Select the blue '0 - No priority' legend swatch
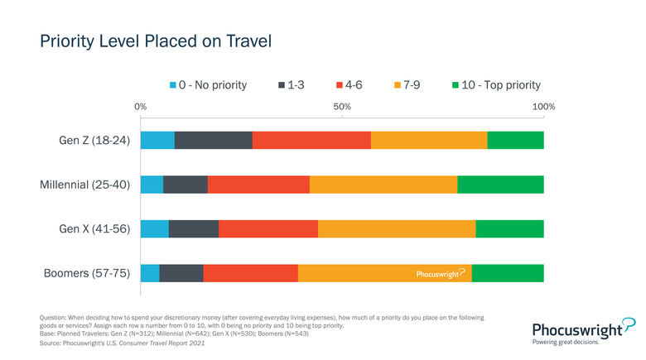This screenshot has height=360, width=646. (174, 85)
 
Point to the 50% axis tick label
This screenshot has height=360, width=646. (342, 107)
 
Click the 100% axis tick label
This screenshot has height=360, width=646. (543, 107)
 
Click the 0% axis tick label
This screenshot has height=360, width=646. (141, 107)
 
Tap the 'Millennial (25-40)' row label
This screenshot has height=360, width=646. (85, 185)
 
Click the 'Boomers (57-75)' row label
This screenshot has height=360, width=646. (87, 273)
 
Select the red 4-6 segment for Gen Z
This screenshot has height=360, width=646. (311, 140)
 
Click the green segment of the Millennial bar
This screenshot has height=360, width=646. (500, 185)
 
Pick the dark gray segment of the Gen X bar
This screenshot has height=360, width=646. (193, 228)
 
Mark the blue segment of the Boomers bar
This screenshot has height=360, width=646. (150, 273)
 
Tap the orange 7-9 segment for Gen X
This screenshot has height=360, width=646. (397, 228)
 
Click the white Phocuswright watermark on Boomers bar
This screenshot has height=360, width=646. (440, 273)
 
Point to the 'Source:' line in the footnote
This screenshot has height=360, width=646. (122, 343)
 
